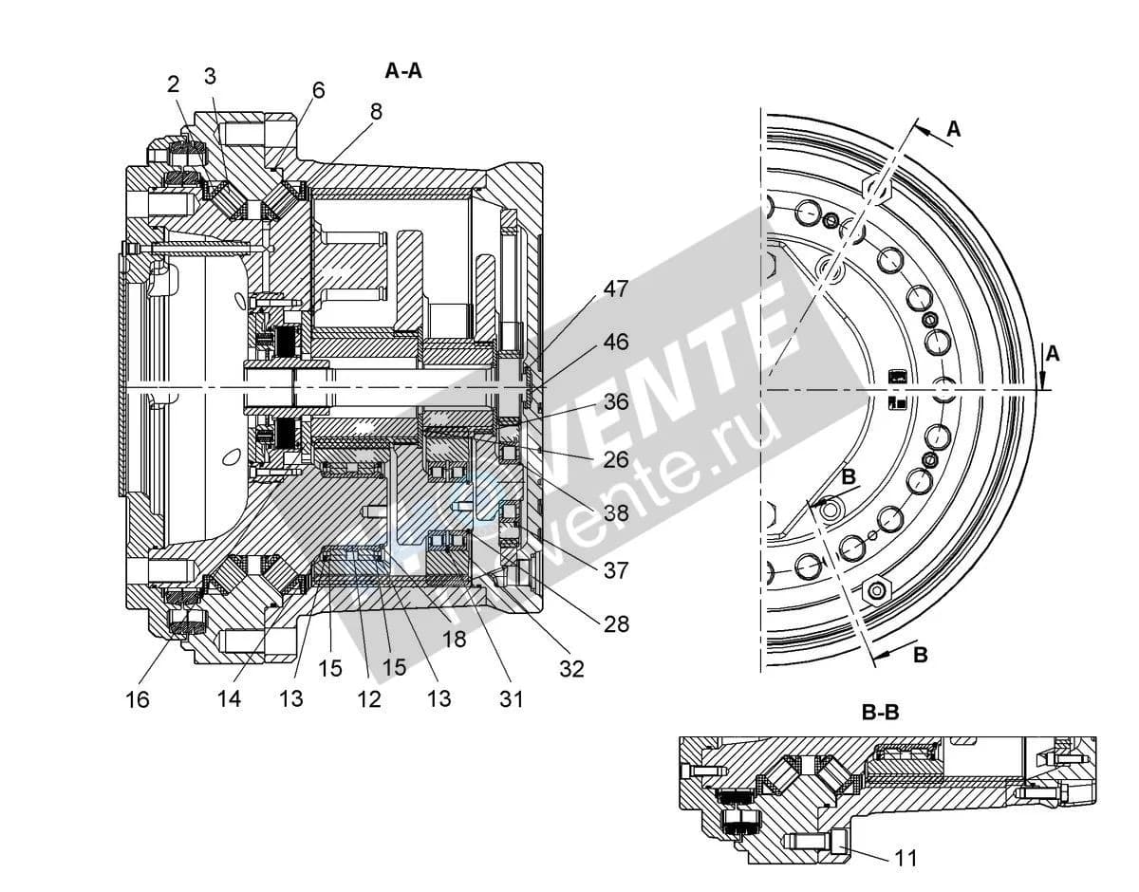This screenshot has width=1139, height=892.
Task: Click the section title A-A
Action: point(403,71)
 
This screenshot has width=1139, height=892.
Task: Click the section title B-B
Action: point(881,713)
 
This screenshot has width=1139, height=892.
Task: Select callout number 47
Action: point(616,288)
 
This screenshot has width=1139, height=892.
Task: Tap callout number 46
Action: point(616,342)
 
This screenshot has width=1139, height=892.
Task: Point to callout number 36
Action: point(616,401)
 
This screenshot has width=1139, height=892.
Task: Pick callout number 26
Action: point(616,459)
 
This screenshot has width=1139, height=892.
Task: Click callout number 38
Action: point(616,512)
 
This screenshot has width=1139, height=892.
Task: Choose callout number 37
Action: point(616,570)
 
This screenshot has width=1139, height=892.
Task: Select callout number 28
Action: point(616,623)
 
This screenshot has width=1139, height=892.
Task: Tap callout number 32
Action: point(571,669)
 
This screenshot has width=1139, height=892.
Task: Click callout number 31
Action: point(511,699)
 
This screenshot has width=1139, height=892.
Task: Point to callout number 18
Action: point(454,639)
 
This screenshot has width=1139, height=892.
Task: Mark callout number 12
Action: point(368,699)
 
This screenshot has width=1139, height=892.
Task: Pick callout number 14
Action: point(229,698)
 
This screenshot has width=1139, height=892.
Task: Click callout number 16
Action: point(138,699)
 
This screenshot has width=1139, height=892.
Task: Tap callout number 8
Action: point(376,112)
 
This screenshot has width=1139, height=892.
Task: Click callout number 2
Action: point(174,84)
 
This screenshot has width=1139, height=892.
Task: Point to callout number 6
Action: point(319,90)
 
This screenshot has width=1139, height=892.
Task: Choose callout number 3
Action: point(210,77)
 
